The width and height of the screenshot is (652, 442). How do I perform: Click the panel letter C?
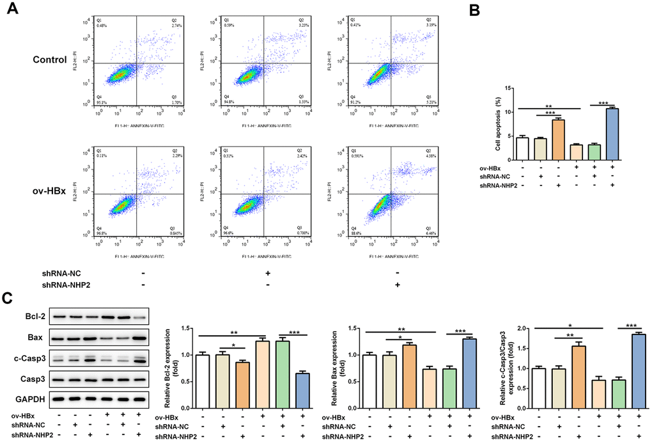(x=8, y=299)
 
